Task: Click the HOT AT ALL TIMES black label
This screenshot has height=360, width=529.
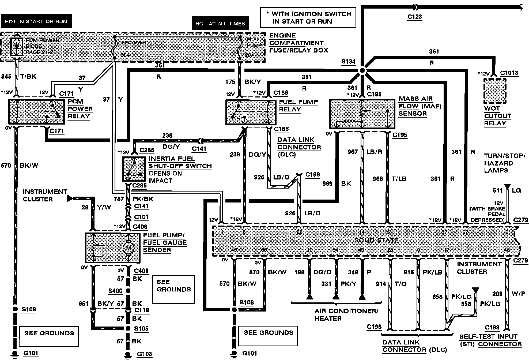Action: pos(220,24)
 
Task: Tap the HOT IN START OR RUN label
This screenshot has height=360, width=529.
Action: pos(36,21)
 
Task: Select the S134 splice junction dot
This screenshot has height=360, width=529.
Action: pos(362,71)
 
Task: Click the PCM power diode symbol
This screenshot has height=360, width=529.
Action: pos(17,47)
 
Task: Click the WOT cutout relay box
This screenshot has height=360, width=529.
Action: pos(495,91)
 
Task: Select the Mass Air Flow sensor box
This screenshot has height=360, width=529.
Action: pos(362,114)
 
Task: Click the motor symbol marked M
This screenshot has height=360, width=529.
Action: pos(128,248)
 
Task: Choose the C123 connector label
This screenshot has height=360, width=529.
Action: pos(415,17)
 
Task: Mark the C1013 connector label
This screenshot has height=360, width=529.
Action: pos(509,73)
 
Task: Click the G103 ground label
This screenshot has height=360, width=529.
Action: pos(145,354)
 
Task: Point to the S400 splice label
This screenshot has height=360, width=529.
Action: pos(115,291)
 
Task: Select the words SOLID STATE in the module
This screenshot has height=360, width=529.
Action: pos(376,240)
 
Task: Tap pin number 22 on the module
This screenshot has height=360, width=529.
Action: pos(299,232)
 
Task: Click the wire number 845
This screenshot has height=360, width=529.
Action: pos(6,76)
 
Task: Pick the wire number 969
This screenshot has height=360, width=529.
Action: pos(327,184)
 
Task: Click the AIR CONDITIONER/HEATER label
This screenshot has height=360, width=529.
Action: pos(346,314)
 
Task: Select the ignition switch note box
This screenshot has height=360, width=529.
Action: pos(308,18)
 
